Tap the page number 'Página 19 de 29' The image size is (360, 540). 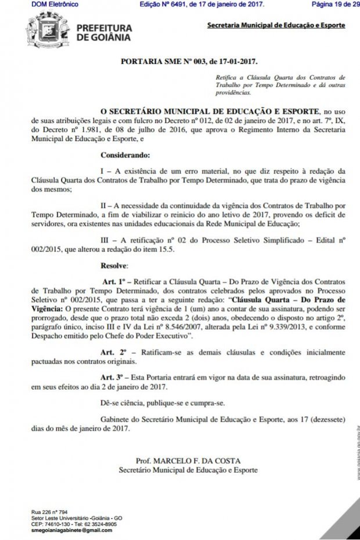pyautogui.click(x=335, y=4)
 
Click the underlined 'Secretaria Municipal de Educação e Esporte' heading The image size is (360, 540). pyautogui.click(x=276, y=26)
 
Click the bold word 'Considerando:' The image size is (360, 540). pyautogui.click(x=125, y=156)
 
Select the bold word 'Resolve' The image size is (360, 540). pyautogui.click(x=114, y=265)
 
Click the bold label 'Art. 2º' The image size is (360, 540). pyautogui.click(x=114, y=352)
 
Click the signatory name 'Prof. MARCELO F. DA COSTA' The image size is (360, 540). pyautogui.click(x=188, y=461)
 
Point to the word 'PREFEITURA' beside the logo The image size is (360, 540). pyautogui.click(x=104, y=28)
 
